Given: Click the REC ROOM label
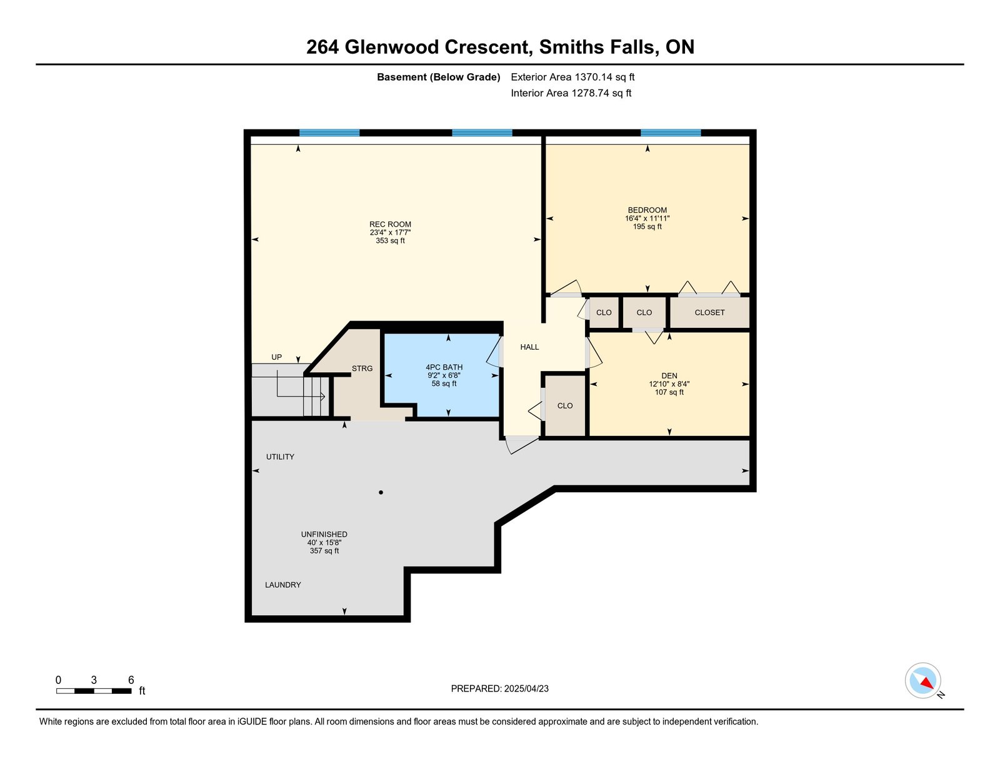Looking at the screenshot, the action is coord(390,224).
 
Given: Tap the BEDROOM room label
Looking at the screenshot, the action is coord(647,210).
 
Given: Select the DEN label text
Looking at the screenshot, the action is coord(669,376).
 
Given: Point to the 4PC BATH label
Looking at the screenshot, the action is coord(444,367).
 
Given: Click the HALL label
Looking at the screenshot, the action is coord(529,347).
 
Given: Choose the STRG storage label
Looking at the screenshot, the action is coord(362,369).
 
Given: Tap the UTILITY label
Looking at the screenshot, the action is coord(280,457).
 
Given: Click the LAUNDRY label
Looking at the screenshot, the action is coord(282,585).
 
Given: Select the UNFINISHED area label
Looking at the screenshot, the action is coord(324,535).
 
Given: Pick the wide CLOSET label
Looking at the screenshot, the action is coord(709,312).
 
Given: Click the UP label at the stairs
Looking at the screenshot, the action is coord(276,357).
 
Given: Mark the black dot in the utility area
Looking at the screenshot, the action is coord(381,492).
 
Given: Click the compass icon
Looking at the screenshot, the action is coord(922,680).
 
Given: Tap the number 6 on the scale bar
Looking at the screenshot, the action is coord(131,680).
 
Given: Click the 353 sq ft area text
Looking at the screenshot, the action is coord(390,240).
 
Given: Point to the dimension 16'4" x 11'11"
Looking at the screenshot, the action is coord(647,219).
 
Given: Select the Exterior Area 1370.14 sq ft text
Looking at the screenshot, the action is coord(572,77).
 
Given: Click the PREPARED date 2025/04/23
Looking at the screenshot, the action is coord(526,688).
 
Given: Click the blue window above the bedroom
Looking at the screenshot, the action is coord(671,132).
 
